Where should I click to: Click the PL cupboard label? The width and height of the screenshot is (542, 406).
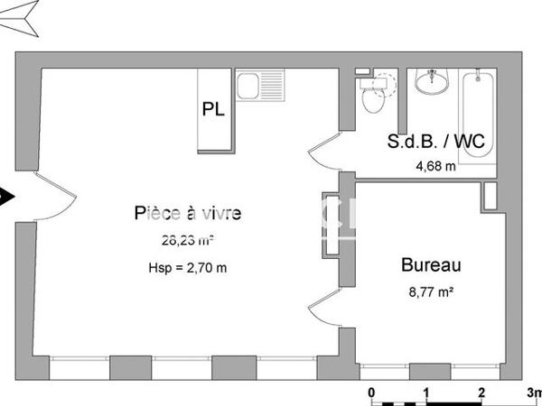click(214, 110)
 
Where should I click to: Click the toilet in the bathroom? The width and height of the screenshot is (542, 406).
click(371, 98)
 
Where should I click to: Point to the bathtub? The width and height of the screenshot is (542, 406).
click(477, 117)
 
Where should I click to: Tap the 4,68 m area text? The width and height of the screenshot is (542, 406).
click(435, 165)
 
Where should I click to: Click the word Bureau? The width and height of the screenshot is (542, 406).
click(431, 265)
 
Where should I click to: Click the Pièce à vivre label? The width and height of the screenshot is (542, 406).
click(188, 213)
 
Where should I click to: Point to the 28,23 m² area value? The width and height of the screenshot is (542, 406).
click(186, 241)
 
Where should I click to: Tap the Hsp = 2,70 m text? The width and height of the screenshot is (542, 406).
click(186, 267)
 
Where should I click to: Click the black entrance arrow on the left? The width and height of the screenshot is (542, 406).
click(6, 194)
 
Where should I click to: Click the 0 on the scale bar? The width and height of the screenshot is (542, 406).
click(371, 393)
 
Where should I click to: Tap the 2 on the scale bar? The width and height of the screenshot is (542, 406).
click(481, 393)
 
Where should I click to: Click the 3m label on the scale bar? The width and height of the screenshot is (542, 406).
click(533, 393)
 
